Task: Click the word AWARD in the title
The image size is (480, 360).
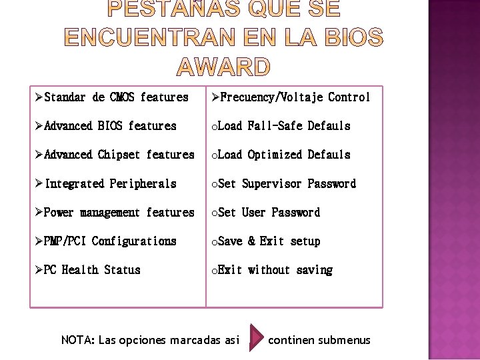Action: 224,67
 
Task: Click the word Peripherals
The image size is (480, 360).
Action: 143,183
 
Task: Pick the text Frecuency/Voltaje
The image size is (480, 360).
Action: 271,97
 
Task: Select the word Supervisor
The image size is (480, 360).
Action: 271,183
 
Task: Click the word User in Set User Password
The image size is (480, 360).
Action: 253,213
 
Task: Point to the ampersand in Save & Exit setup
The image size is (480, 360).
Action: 251,241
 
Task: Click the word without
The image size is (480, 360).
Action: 269,270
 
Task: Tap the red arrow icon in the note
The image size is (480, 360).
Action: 255,340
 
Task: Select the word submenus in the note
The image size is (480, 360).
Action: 344,340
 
